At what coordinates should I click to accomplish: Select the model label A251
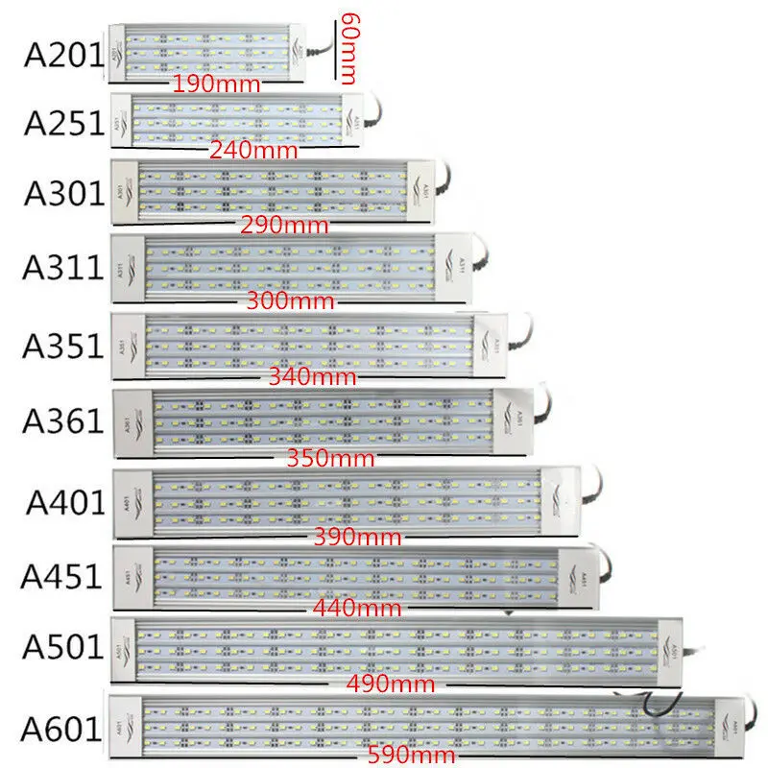tap(63, 124)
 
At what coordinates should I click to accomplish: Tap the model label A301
tap(63, 193)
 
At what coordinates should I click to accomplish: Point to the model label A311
tap(63, 266)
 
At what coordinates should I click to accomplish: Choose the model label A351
tap(63, 345)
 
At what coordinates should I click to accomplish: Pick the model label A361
tap(63, 420)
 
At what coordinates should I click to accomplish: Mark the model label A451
tap(63, 576)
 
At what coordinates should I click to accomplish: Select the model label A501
tap(63, 648)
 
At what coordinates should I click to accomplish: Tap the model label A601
tap(63, 730)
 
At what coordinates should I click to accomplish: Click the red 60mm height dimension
tap(349, 46)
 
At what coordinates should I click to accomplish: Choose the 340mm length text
tap(313, 377)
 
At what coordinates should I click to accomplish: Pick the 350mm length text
tap(332, 458)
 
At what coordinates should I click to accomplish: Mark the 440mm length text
tap(356, 608)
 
